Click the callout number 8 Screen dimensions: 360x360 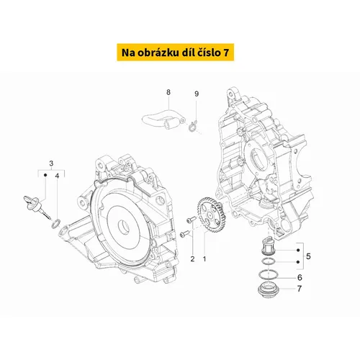click(168, 92)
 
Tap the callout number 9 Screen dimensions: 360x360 click(197, 94)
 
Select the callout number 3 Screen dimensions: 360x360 click(51, 163)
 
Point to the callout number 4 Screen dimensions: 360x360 click(57, 176)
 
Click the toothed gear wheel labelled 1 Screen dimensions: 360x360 click(212, 215)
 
